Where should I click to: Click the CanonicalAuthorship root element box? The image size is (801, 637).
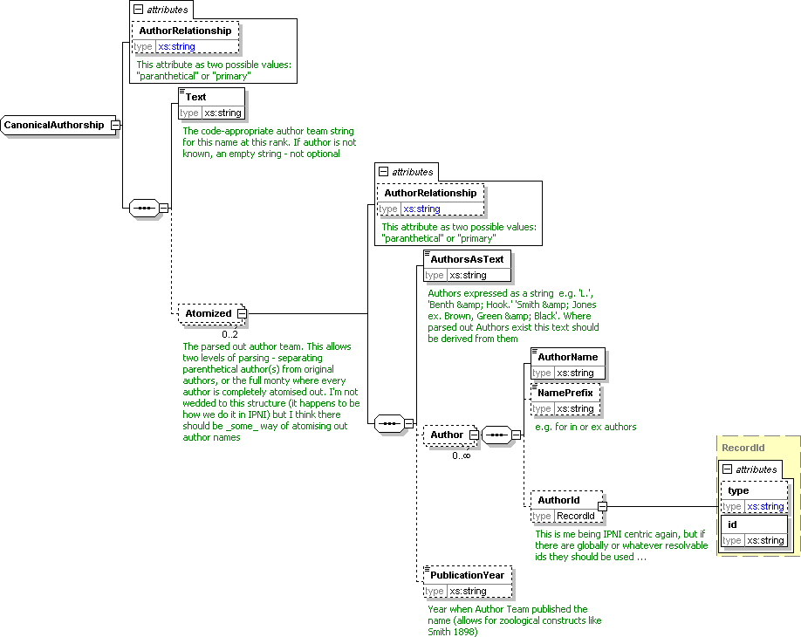55,125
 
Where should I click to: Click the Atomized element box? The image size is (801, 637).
208,313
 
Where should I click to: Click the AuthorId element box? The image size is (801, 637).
559,500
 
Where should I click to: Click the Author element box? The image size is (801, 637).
447,434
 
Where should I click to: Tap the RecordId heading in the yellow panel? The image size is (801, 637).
743,448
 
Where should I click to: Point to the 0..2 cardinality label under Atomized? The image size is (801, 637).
229,334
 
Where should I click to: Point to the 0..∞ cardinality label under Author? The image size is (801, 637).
461,455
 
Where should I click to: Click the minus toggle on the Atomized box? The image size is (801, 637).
242,313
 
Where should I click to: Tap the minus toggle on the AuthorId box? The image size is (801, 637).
602,505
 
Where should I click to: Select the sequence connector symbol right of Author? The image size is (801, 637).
495,434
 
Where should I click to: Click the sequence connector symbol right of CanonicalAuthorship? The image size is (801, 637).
142,208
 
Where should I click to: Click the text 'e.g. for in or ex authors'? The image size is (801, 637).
585,427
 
